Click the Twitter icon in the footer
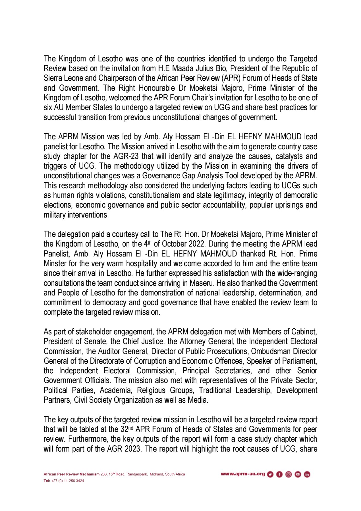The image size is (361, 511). (270, 474)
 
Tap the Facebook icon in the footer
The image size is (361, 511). (279, 474)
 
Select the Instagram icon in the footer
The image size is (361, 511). (289, 474)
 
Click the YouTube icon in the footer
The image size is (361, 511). (298, 474)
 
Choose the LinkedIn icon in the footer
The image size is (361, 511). (307, 474)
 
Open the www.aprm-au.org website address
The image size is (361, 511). (243, 474)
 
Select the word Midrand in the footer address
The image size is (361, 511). (156, 474)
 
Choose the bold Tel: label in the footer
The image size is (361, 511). (47, 481)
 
